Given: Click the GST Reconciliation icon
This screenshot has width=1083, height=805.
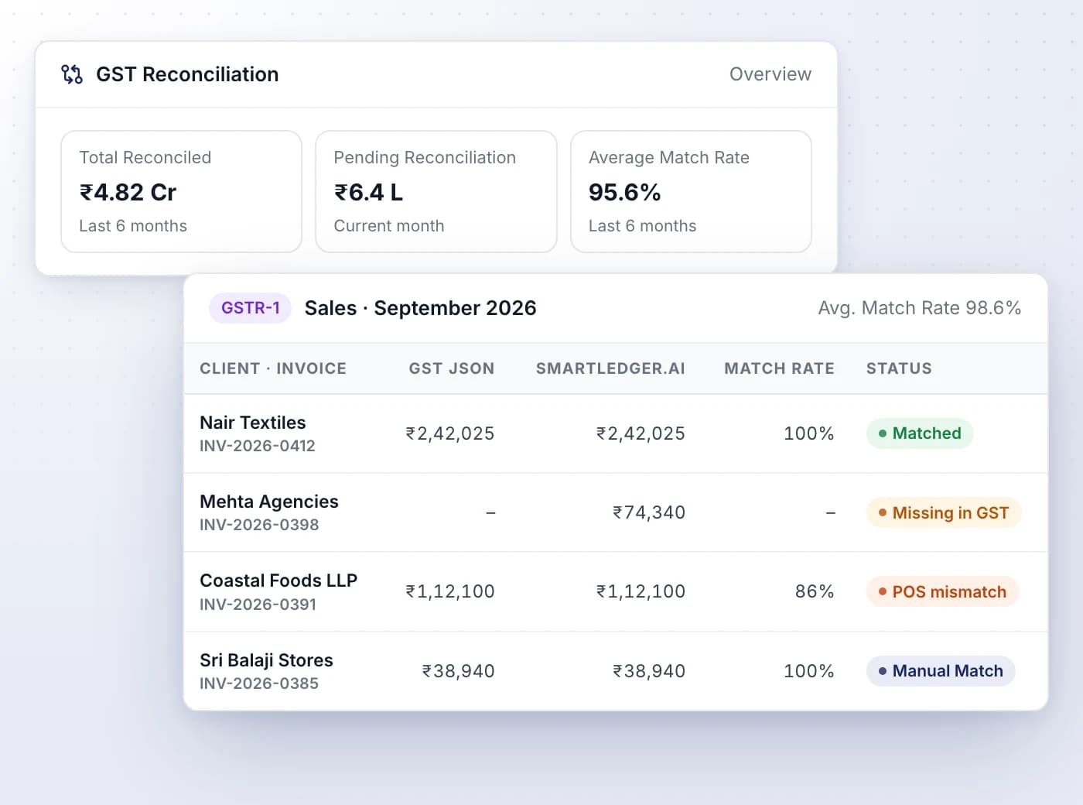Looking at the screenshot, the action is (72, 74).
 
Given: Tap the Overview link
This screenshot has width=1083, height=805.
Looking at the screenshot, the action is (770, 74).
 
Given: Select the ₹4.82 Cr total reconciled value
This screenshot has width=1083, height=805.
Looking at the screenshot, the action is (128, 192).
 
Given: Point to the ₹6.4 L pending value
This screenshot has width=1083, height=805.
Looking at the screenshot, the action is (369, 192).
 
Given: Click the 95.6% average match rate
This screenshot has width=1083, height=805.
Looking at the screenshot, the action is (624, 192).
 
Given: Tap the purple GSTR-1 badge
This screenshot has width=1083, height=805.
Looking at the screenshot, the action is (250, 308).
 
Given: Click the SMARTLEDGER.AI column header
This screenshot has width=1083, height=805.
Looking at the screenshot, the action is (610, 368).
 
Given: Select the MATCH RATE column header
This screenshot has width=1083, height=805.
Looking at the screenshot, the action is (779, 368).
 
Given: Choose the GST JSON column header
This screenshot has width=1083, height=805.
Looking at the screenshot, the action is (452, 368).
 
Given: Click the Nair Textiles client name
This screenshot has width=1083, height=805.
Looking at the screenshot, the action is (253, 423).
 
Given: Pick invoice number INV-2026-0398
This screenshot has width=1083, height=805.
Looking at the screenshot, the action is (259, 525).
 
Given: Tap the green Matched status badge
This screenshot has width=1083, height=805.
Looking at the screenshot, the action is (920, 433).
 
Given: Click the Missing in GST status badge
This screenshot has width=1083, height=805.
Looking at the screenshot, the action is (943, 512).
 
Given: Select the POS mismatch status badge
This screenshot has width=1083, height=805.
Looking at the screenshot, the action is (942, 592).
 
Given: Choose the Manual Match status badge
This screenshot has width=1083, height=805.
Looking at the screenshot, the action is (941, 671).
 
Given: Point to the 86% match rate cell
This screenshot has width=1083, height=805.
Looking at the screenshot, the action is (815, 591).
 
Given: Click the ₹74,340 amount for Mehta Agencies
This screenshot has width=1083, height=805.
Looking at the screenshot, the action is (649, 512).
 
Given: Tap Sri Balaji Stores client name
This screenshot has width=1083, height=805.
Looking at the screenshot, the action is (267, 660).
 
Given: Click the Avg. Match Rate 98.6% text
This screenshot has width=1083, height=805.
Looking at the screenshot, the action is (920, 308).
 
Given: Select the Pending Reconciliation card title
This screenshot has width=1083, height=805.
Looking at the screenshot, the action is (425, 157).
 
